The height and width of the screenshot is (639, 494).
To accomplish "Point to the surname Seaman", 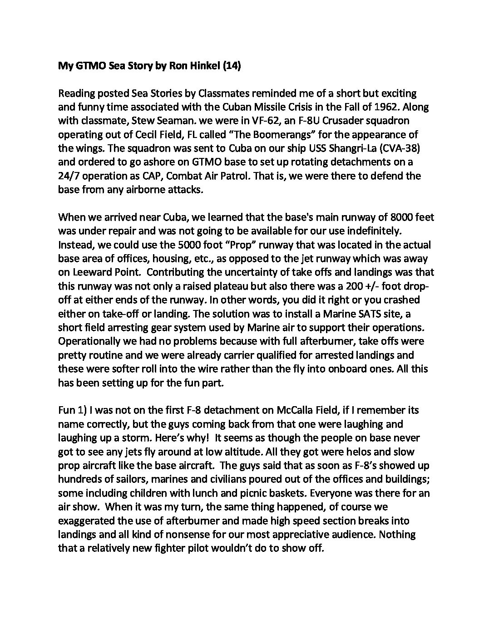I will click(167, 121).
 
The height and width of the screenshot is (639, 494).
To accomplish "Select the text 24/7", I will click(69, 176).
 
